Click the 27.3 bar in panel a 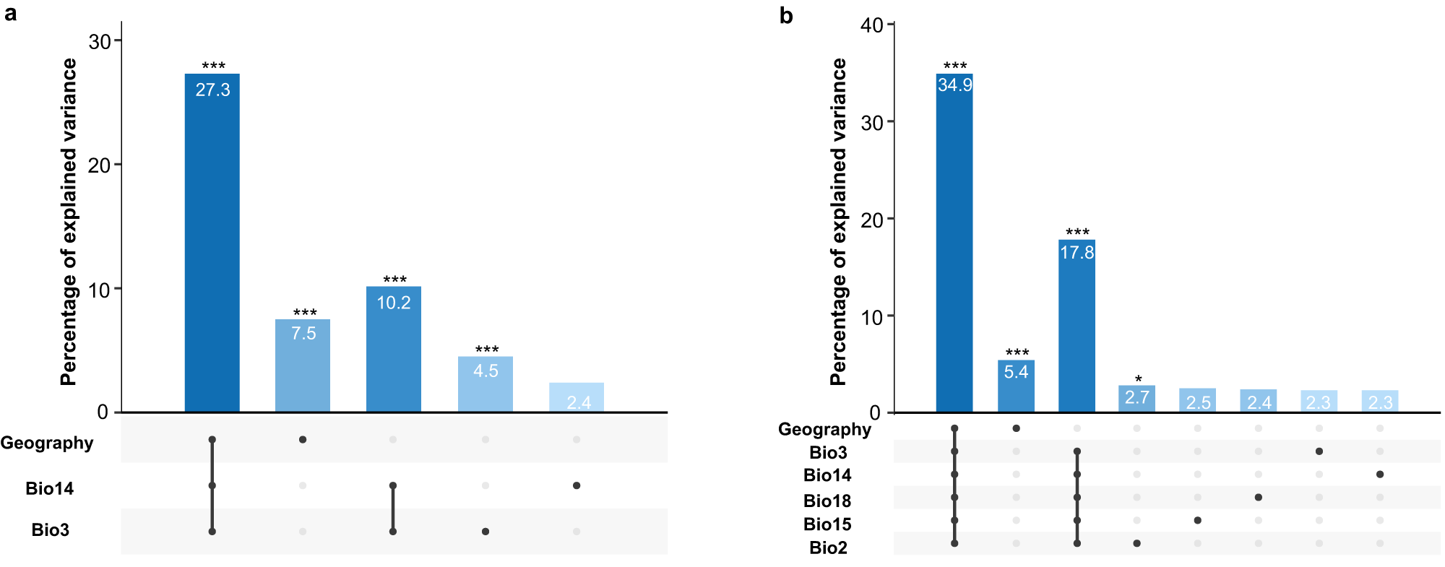[x=212, y=246]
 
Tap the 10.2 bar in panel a [x=393, y=350]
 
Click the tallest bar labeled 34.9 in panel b [x=954, y=246]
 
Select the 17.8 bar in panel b [x=1077, y=329]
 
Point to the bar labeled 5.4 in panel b [x=1016, y=387]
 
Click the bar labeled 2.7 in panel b [x=1136, y=399]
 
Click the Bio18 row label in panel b [x=827, y=501]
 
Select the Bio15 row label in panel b [x=827, y=524]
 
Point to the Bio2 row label [x=828, y=547]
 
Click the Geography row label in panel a [x=47, y=443]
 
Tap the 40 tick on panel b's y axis [x=871, y=25]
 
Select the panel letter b [x=786, y=16]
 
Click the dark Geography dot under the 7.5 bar [x=303, y=439]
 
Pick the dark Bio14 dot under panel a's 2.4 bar [x=576, y=485]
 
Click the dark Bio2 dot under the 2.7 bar [x=1136, y=543]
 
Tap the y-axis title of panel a [x=69, y=222]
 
